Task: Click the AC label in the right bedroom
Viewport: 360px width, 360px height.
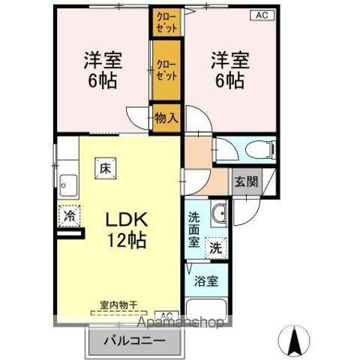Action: (x=262, y=16)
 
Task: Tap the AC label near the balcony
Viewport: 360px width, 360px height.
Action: (x=166, y=315)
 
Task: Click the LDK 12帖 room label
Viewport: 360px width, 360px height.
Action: (x=127, y=229)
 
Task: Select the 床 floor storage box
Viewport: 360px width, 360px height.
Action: (x=105, y=168)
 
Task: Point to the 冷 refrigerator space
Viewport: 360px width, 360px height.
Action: (x=70, y=216)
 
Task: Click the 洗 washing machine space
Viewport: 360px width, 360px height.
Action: (x=216, y=247)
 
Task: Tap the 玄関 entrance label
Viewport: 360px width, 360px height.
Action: (x=246, y=181)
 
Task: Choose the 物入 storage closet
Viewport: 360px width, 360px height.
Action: (x=166, y=118)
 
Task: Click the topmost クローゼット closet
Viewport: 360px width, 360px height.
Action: (x=166, y=22)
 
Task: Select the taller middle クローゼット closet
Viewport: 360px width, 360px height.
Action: (x=166, y=70)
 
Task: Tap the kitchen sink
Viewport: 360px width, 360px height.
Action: (x=68, y=185)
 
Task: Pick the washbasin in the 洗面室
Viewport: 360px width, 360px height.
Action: (x=219, y=213)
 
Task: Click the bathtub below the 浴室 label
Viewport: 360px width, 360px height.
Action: (x=206, y=309)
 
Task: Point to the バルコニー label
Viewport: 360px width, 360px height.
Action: (x=135, y=340)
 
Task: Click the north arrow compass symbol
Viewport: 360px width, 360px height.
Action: (x=294, y=340)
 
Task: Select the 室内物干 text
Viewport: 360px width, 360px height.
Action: (x=118, y=305)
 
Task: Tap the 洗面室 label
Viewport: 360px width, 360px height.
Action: (x=193, y=229)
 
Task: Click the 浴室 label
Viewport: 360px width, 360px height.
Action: (x=206, y=281)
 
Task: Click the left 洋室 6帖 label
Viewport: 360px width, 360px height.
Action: (x=103, y=70)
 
